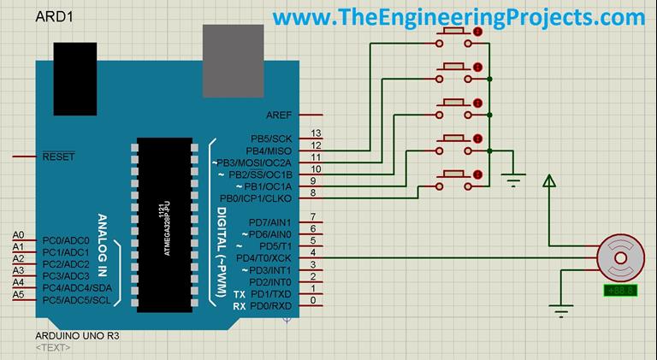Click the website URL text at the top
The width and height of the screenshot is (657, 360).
[x=459, y=17]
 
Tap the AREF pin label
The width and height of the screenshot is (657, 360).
[x=278, y=115]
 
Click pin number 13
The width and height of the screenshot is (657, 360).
[x=316, y=134]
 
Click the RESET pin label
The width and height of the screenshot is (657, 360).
[x=58, y=157]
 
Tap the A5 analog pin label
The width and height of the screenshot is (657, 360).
[x=18, y=295]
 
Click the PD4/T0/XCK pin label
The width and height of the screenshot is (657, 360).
[x=263, y=258]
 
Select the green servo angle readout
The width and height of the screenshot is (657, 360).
[x=619, y=291]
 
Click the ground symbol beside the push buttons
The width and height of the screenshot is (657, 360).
[x=513, y=179]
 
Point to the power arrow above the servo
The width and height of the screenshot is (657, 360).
[x=549, y=180]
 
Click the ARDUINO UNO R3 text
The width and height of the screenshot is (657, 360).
[x=77, y=336]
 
